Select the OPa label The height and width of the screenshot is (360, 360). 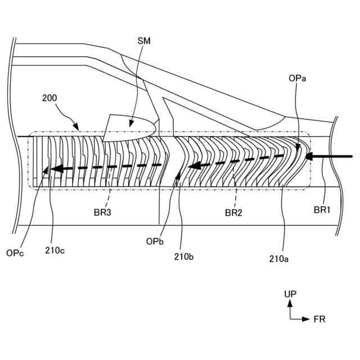298,79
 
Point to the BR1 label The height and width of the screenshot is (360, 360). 321,210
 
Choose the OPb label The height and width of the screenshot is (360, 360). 155,241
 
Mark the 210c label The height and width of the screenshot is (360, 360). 55,251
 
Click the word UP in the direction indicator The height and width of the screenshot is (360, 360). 290,294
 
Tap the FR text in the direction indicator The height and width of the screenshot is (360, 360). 319,319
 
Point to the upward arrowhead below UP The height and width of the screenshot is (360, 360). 290,303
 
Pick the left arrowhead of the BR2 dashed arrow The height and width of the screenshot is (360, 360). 193,166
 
